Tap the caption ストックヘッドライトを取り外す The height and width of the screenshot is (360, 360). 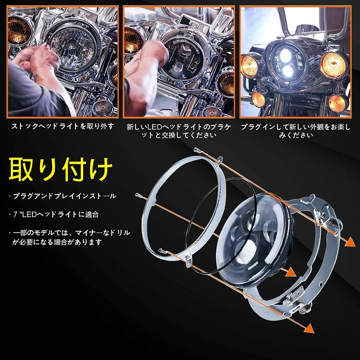(63, 126)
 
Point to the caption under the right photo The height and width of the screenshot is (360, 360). (295, 130)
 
